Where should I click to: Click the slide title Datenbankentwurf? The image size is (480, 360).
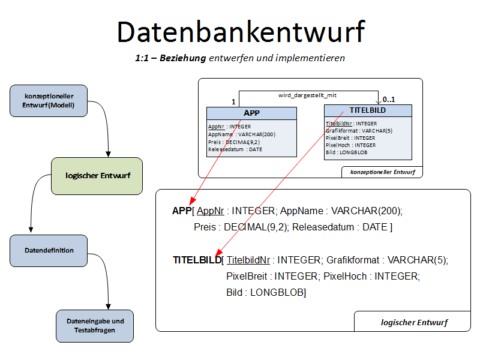(x=241, y=32)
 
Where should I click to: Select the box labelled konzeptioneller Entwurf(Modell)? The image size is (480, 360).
(x=49, y=101)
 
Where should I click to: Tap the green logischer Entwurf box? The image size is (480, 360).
(x=97, y=176)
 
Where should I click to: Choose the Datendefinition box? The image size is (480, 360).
(x=50, y=250)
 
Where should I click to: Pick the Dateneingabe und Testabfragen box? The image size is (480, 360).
(x=95, y=326)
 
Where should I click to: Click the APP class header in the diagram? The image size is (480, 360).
(x=251, y=113)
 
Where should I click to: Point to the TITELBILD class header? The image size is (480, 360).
(x=368, y=110)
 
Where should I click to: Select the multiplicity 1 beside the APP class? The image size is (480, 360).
(x=233, y=103)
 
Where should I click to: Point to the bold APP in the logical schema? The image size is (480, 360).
(x=181, y=211)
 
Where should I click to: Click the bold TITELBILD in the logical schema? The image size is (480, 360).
(x=197, y=260)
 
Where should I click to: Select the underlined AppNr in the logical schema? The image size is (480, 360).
(x=210, y=211)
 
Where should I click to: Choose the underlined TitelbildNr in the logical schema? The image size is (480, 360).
(x=248, y=260)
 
